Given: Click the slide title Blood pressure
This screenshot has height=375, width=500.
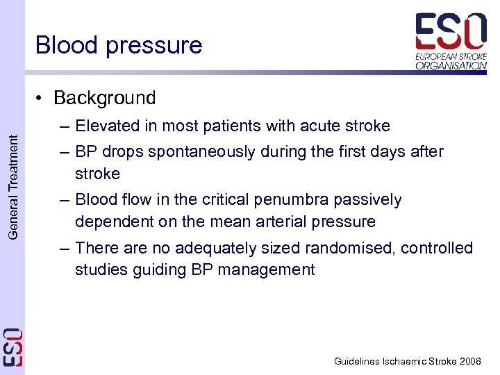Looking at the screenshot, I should pyautogui.click(x=119, y=45).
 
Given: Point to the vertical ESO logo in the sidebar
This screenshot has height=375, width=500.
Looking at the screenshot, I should pyautogui.click(x=12, y=347).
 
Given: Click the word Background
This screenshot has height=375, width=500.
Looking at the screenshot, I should pyautogui.click(x=104, y=98).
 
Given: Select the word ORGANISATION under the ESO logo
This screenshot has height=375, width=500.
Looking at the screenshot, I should pyautogui.click(x=451, y=66).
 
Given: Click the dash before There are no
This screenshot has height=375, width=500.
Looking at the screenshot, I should pyautogui.click(x=65, y=248).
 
